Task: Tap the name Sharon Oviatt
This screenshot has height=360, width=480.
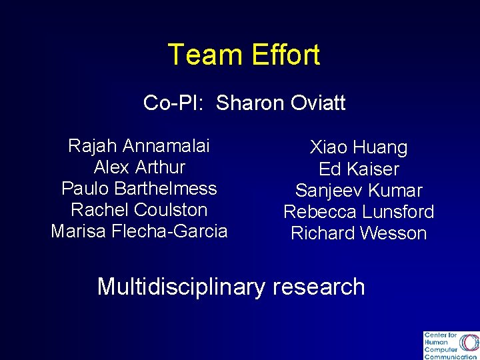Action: coord(281,103)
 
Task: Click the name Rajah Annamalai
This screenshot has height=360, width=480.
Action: coord(139,145)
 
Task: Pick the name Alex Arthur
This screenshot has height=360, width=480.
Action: coord(139,167)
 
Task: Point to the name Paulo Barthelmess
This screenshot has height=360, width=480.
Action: coord(139,188)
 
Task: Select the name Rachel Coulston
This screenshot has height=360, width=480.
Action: coord(139,209)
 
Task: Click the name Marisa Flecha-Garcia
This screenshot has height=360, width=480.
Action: coord(139,231)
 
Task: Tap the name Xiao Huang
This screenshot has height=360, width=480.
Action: coord(359,147)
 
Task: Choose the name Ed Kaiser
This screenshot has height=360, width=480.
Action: coord(359,169)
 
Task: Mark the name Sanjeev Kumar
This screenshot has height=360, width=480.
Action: coord(359,191)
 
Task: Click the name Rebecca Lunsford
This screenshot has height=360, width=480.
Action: coord(359,212)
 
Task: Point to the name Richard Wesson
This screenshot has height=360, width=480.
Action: coord(359,233)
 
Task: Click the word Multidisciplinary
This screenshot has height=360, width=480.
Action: coord(181,287)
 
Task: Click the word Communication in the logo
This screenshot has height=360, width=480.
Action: coord(450,357)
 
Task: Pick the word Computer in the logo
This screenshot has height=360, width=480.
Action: coord(441,349)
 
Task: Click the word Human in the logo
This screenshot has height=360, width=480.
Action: coord(436,342)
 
